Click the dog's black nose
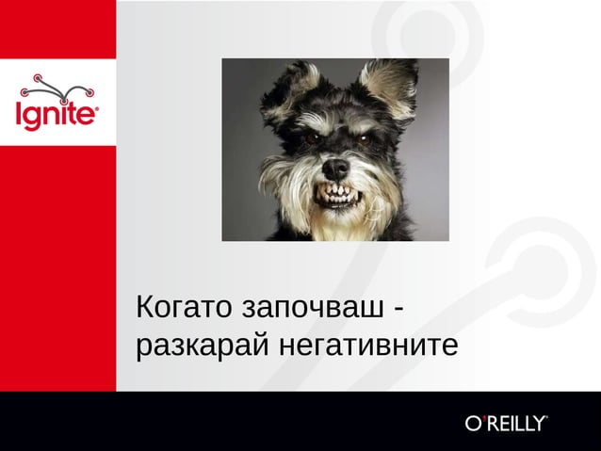335,169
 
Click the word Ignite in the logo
57,116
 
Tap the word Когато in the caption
184,308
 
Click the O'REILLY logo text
505,423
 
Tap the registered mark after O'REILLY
546,416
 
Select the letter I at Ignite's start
19,114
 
